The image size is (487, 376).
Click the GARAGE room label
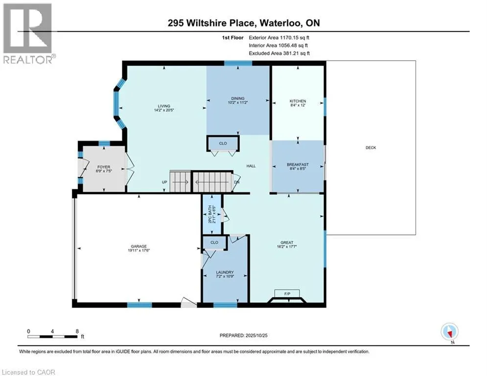click(x=139, y=246)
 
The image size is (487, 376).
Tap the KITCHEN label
click(x=298, y=101)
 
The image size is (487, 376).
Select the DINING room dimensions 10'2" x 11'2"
click(x=238, y=103)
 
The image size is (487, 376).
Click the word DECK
click(x=371, y=148)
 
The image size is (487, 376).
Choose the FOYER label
click(x=103, y=167)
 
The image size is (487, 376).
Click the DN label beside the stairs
click(x=237, y=182)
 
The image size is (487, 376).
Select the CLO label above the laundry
click(x=214, y=242)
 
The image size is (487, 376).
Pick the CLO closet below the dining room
click(x=222, y=144)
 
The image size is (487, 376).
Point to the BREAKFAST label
click(x=298, y=164)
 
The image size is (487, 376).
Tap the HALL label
click(x=251, y=166)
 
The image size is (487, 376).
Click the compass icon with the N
click(x=449, y=331)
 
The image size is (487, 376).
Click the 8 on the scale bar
click(x=77, y=331)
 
